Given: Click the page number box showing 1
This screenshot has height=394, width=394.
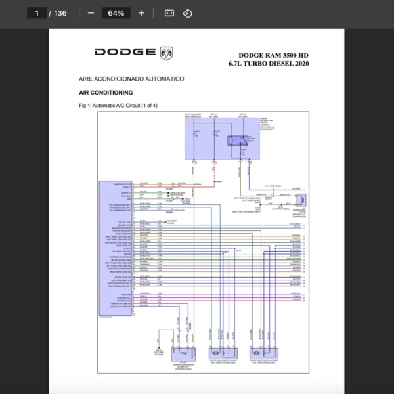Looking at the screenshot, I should click(x=37, y=13).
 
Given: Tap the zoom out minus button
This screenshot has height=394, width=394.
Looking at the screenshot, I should click(x=91, y=13).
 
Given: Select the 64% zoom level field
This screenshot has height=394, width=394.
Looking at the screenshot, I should click(x=116, y=13).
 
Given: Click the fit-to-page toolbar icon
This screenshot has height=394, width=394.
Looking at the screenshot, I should click(x=169, y=13).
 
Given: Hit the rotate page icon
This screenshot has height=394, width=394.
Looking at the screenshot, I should click(x=187, y=13).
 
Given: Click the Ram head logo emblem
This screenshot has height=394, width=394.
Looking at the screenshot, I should click(x=167, y=52).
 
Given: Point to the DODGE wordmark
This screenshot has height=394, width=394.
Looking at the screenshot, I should click(x=125, y=52).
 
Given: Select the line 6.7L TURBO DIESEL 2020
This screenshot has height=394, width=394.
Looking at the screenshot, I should click(x=269, y=64).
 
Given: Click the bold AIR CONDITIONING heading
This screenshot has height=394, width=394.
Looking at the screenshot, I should click(x=106, y=93).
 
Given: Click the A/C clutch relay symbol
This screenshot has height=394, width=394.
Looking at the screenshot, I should click(x=235, y=140).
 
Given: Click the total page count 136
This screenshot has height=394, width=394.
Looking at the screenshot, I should click(x=60, y=13).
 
